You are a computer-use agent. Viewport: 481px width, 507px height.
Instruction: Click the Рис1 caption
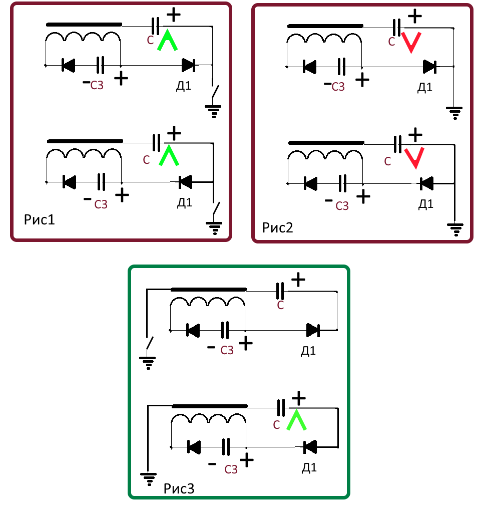point(39,219)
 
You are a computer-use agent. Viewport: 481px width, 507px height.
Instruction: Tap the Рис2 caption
point(277,227)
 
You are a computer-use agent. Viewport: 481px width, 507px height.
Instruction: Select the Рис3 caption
point(179,488)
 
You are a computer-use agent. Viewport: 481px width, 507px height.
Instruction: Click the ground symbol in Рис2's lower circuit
point(455,230)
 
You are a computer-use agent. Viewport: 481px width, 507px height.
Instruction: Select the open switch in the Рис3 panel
point(149,344)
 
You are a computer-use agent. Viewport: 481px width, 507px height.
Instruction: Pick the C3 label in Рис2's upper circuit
point(338,87)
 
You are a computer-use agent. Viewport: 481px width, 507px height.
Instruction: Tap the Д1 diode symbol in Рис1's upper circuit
point(188,65)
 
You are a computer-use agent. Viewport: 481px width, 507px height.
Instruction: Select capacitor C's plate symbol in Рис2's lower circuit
point(397,144)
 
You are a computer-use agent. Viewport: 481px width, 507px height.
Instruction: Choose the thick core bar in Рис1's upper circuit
point(84,24)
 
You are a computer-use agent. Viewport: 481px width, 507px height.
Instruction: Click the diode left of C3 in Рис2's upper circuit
point(310,66)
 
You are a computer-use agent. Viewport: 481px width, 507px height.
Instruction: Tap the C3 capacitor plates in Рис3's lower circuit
point(226,445)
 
